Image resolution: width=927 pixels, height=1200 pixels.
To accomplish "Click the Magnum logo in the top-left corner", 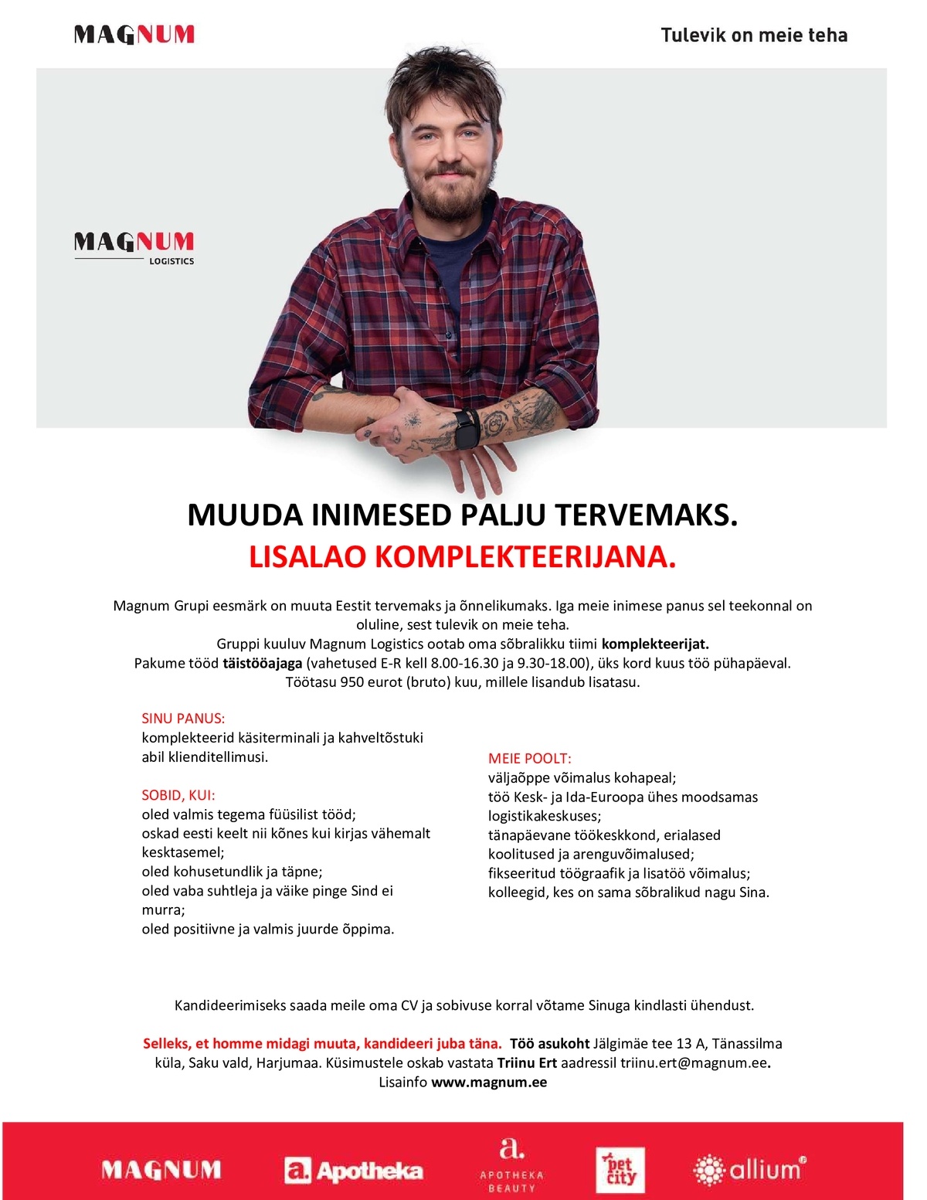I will click(134, 34).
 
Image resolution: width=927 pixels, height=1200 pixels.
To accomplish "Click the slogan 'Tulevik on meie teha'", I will click(754, 36).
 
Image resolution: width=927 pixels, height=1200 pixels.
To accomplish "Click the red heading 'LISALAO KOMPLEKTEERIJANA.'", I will click(462, 557).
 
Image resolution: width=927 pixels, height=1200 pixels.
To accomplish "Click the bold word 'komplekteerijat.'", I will click(655, 644).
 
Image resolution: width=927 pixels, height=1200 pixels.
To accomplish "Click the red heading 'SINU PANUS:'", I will click(183, 719).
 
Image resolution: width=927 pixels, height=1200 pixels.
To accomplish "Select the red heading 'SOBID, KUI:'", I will click(178, 795).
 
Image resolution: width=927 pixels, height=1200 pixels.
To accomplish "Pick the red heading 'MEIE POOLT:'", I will click(530, 759).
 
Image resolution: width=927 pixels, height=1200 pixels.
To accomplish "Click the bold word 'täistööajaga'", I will click(262, 663).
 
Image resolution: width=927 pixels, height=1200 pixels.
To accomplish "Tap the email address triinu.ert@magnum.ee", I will click(694, 1063).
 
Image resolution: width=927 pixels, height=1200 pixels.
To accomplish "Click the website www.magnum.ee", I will click(489, 1083).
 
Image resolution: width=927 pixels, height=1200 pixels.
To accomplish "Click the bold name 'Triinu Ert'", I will click(527, 1063).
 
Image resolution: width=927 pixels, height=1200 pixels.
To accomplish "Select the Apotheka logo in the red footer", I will click(354, 1171).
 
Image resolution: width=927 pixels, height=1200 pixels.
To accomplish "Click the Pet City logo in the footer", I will click(620, 1171).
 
